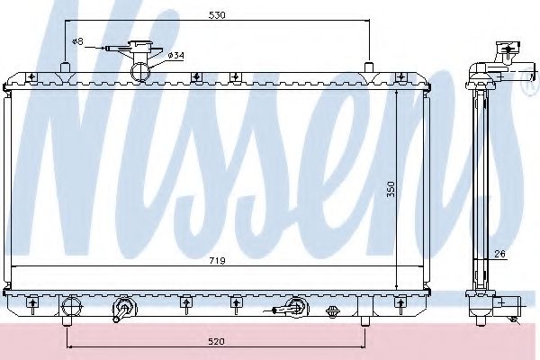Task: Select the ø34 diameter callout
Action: tap(175, 56)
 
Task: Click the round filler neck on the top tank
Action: tap(140, 70)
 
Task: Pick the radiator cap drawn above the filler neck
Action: tap(140, 47)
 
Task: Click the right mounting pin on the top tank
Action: tap(369, 67)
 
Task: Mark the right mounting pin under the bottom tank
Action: tap(364, 320)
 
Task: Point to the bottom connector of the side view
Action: tap(510, 304)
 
